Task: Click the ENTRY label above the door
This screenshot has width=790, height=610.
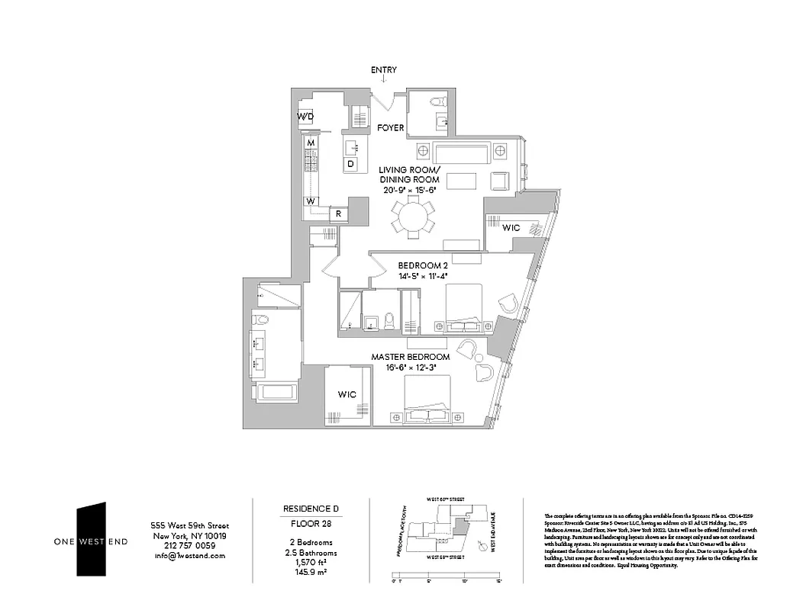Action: [x=384, y=70]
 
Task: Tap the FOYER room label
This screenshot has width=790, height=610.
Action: [x=391, y=127]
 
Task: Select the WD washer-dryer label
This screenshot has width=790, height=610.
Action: [x=305, y=117]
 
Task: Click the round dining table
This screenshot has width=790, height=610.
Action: [x=412, y=216]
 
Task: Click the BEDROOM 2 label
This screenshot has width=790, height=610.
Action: [x=421, y=266]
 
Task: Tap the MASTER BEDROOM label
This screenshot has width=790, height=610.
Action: [x=410, y=357]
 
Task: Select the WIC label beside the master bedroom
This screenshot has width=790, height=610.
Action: [x=347, y=394]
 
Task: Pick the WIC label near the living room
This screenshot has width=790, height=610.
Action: [x=511, y=227]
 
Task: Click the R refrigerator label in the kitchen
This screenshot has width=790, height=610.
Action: [x=338, y=214]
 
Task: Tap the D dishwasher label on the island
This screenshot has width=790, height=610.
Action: [x=350, y=163]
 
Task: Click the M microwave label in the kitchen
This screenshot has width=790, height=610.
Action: [x=311, y=143]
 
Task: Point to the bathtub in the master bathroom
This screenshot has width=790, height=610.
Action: [x=274, y=393]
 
